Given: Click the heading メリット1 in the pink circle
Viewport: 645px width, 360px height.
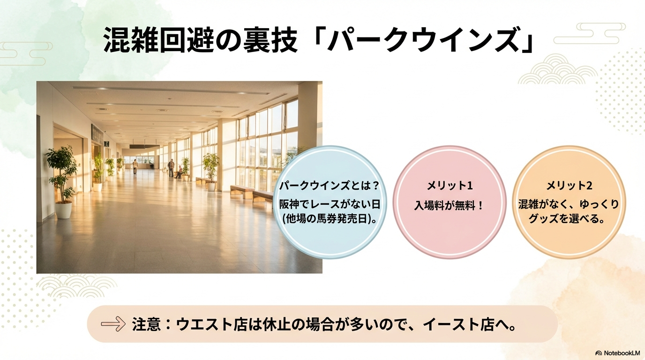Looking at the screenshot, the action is (x=450, y=186).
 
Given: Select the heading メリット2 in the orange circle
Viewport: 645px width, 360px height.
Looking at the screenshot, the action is (x=569, y=186).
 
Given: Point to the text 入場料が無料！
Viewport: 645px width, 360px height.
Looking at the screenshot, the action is (x=449, y=206).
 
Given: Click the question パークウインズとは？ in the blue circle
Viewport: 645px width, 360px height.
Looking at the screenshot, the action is (x=330, y=186).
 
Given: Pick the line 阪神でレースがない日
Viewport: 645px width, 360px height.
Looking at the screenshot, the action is (x=330, y=204).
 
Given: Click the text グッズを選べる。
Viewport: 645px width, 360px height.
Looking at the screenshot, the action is (x=566, y=219).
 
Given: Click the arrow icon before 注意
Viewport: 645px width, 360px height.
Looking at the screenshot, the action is (x=113, y=324).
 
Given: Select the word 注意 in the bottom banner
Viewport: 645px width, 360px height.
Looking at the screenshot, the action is (x=146, y=324).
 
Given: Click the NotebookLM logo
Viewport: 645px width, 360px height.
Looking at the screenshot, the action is (x=617, y=353).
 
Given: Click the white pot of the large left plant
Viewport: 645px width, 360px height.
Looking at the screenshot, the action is (x=63, y=210).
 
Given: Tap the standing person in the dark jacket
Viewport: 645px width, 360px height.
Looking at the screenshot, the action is (x=172, y=168).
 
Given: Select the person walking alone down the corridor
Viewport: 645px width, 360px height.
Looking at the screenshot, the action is (x=135, y=167).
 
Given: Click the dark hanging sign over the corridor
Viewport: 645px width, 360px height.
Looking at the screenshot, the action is (x=144, y=146).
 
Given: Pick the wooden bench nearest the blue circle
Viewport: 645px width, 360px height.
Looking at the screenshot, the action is (x=262, y=197).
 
